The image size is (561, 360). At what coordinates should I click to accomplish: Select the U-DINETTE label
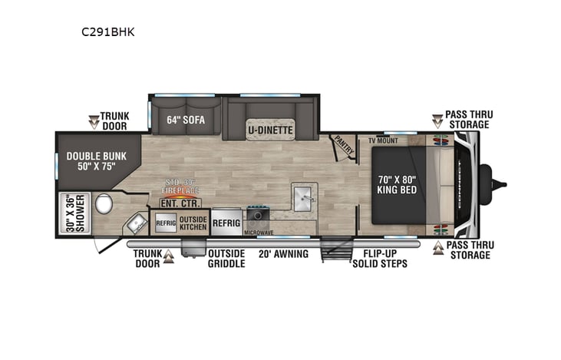coord(270,130)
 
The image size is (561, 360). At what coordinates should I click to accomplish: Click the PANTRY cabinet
coord(342,147)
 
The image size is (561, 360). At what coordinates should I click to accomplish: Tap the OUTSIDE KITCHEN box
coord(193,222)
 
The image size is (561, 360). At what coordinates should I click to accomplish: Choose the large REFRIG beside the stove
coord(226,222)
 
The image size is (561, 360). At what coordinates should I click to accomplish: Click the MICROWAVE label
coord(259,231)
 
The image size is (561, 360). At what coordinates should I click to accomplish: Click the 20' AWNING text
coord(283,254)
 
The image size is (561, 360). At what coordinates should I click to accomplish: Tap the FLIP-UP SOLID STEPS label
coord(379,259)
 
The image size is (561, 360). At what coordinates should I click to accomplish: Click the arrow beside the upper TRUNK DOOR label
coord(94,121)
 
